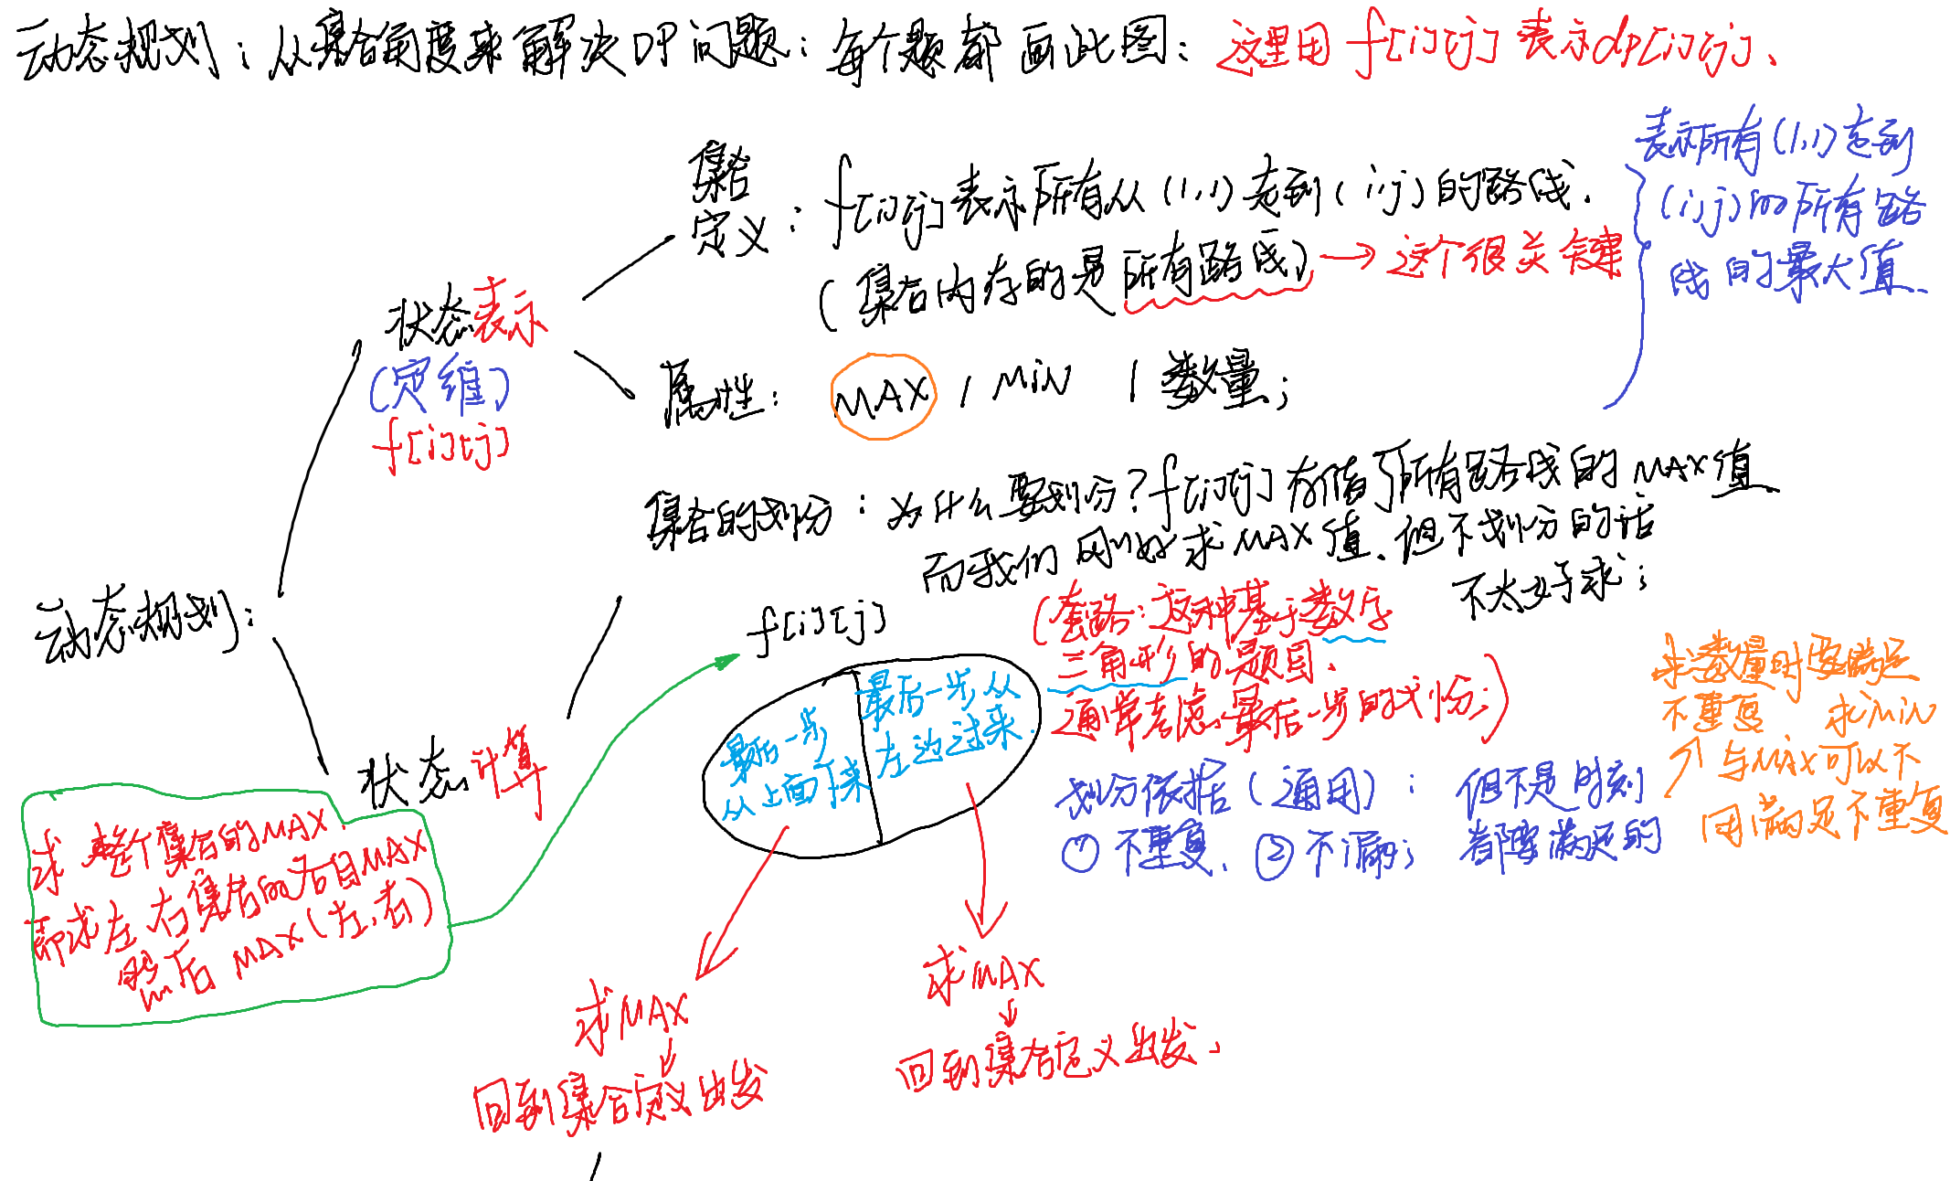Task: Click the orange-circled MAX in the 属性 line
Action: tap(883, 397)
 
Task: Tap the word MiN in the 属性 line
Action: tap(1032, 381)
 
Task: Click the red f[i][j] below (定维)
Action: tap(440, 445)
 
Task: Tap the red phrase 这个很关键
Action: tap(1504, 255)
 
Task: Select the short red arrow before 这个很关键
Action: tap(1347, 258)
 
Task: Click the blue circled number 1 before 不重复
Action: tap(1080, 853)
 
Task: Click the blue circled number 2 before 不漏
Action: tap(1275, 856)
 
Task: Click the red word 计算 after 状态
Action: tap(508, 768)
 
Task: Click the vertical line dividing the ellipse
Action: tap(868, 759)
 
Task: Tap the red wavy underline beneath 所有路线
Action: tap(1215, 297)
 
